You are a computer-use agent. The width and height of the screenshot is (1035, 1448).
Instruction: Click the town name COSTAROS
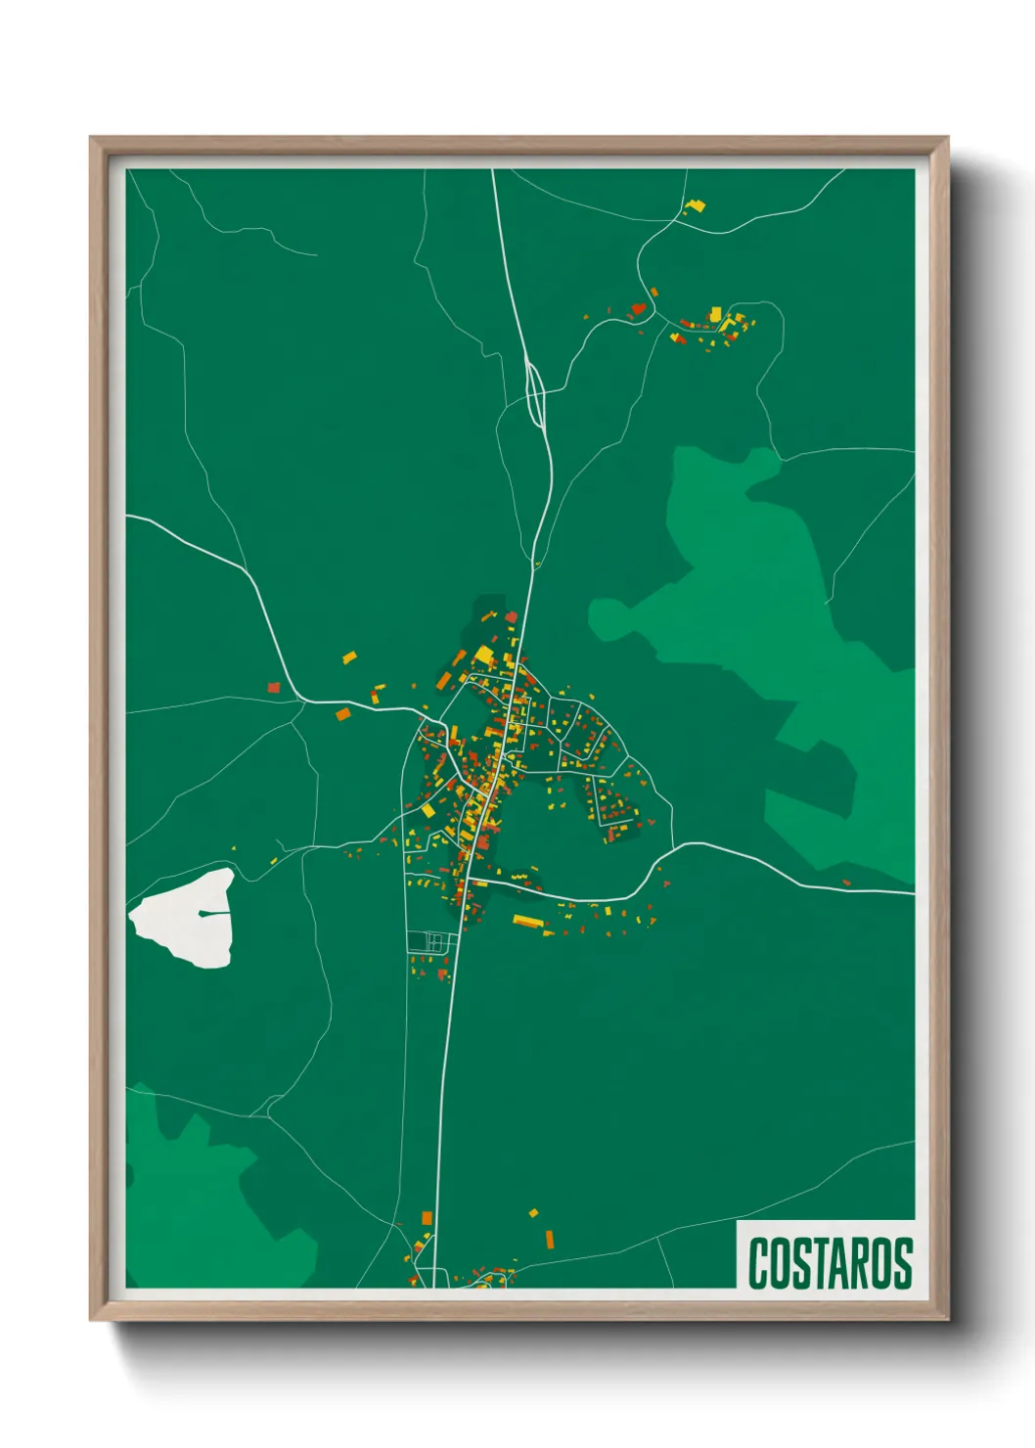(x=830, y=1263)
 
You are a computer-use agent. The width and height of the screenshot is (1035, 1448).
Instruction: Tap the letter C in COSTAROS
(x=759, y=1263)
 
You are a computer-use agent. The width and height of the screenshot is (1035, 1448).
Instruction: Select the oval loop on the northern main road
(x=535, y=393)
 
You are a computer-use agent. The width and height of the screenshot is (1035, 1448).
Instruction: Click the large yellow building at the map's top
(x=697, y=205)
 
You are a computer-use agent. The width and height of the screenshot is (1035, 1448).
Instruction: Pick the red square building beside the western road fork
(x=274, y=687)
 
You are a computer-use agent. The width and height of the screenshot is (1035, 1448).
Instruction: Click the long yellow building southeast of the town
(x=527, y=921)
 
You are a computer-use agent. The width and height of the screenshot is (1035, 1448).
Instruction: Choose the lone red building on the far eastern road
(x=846, y=882)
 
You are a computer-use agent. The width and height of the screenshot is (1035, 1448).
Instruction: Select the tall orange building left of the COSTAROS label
(x=549, y=1240)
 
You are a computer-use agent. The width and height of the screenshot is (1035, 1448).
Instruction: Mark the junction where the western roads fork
(x=299, y=699)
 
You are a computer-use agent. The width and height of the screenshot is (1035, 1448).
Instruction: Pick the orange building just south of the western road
(x=342, y=714)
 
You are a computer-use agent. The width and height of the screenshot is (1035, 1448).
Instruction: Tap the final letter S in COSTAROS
(x=902, y=1263)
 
